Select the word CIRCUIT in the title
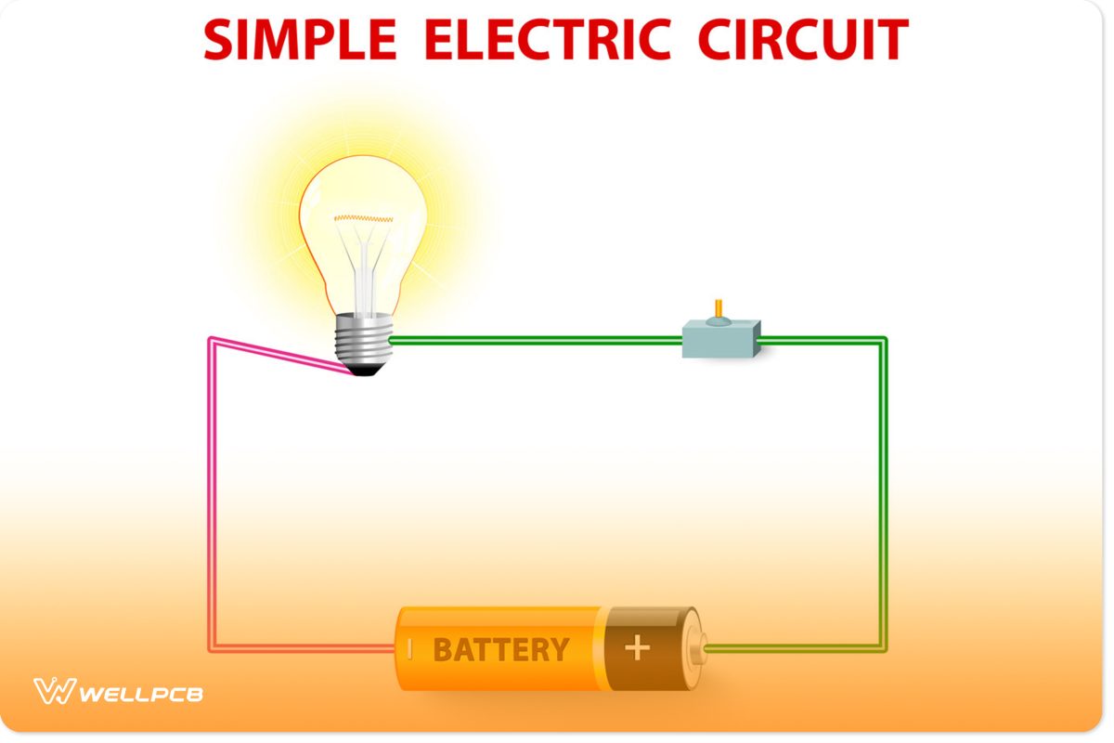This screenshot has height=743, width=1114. coord(803,39)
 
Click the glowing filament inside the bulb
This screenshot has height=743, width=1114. coord(365,218)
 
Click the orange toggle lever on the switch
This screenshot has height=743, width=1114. coord(717,309)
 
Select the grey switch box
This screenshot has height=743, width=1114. coord(721,339)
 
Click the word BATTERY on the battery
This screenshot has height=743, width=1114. coord(500,649)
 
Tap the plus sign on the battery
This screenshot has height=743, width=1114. coord(637,648)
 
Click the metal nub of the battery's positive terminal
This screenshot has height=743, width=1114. coord(703,647)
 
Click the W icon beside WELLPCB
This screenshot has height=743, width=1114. coord(53,692)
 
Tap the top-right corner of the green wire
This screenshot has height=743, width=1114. coord(883,341)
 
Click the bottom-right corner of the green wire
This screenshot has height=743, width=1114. coord(883,647)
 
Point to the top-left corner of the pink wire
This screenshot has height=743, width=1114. coord(211,341)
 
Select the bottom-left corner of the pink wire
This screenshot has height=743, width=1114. coord(211,647)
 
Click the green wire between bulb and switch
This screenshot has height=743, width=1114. coord(538,341)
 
